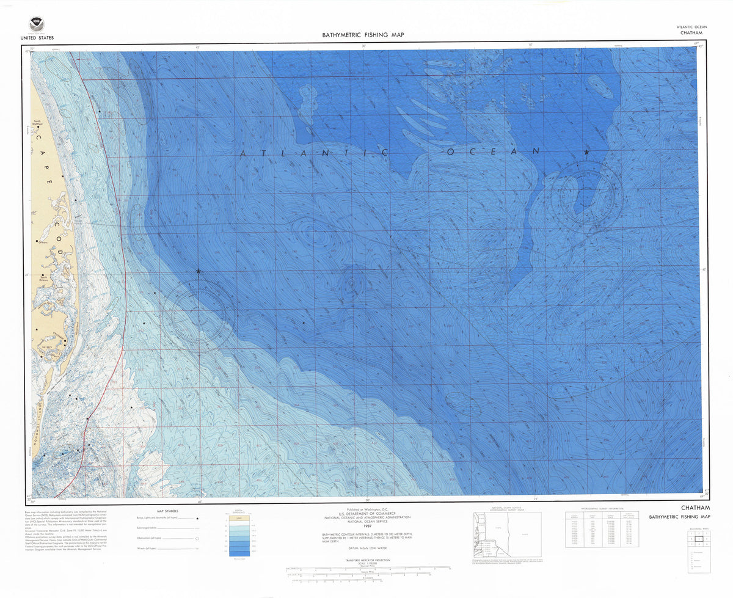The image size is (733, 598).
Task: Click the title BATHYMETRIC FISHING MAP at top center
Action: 363,35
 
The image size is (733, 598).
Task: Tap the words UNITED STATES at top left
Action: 37,38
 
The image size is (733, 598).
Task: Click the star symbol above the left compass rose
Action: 199,271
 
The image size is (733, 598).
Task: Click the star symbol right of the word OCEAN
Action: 586,151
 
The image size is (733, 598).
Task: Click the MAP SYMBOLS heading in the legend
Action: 168,511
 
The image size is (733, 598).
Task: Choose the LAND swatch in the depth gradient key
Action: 239,517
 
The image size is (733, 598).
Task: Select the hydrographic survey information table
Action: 602,529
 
